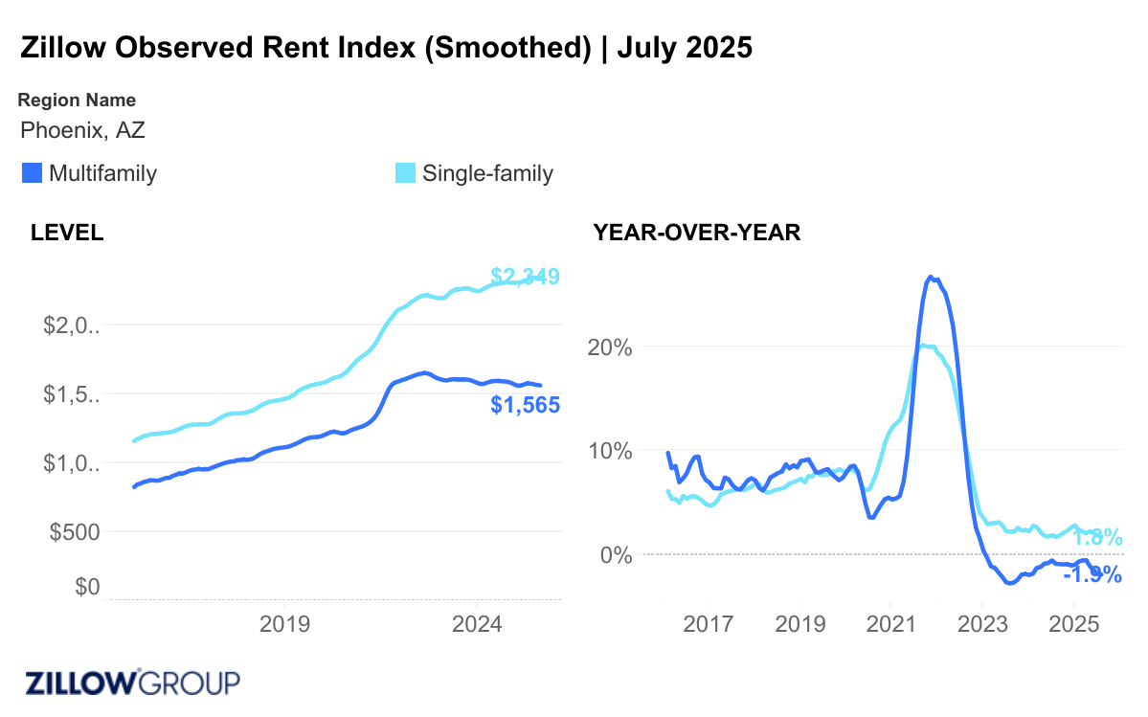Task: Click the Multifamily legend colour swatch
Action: point(32,173)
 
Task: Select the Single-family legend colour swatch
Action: point(406,173)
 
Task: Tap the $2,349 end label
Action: point(525,277)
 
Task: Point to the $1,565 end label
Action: point(525,405)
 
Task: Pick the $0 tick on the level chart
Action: point(88,586)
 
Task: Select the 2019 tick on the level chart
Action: point(284,625)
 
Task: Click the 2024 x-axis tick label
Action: point(477,625)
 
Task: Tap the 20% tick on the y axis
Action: point(610,347)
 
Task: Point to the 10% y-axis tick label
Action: point(610,450)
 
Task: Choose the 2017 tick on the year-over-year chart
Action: point(708,625)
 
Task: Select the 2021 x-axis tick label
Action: point(890,625)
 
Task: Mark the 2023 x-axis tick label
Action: point(982,625)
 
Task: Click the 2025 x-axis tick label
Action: point(1074,625)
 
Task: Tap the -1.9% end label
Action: point(1092,574)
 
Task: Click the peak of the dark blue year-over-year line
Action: point(931,277)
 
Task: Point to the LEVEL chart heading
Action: point(67,233)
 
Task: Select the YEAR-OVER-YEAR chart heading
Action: point(696,233)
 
